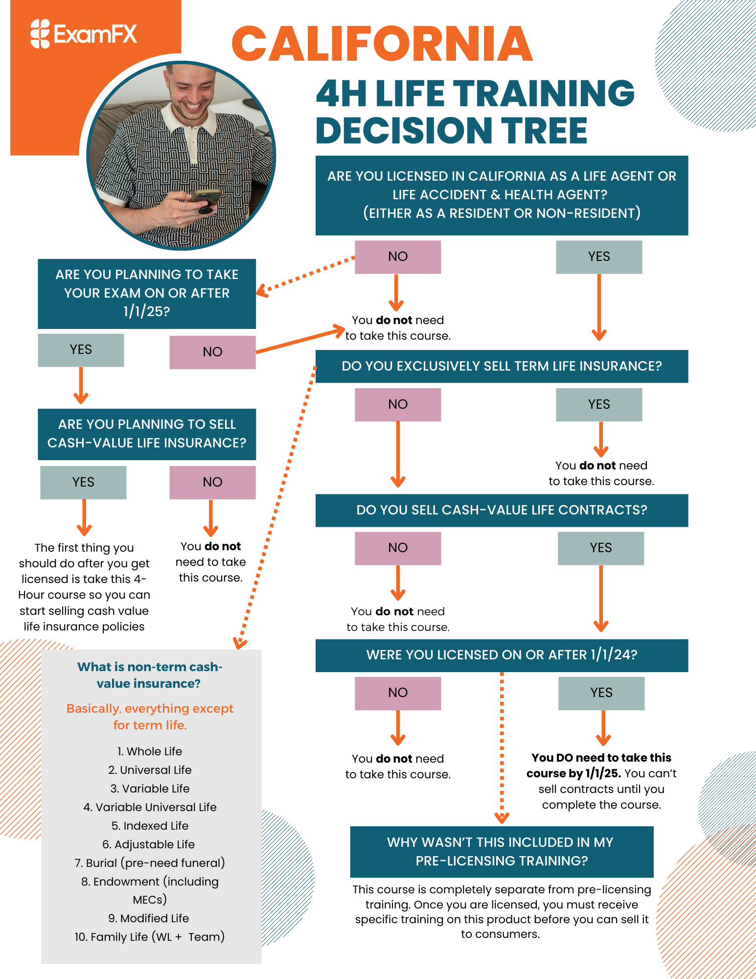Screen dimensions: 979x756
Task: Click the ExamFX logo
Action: [x=84, y=34]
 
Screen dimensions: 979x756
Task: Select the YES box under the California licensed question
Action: [x=599, y=256]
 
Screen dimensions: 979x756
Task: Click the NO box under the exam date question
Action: [x=212, y=352]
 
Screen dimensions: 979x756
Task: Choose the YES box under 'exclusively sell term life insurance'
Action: [x=599, y=404]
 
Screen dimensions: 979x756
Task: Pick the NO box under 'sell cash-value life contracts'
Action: [x=398, y=548]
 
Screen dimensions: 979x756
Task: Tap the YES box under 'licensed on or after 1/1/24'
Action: [x=601, y=693]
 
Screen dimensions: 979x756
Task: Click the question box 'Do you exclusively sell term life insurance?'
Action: [x=502, y=366]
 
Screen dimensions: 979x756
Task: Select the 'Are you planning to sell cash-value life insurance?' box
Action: [x=147, y=434]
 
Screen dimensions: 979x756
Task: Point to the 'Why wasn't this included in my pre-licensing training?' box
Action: [x=502, y=851]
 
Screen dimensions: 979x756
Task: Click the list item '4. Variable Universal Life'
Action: [x=150, y=807]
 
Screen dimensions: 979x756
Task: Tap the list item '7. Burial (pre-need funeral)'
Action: [x=150, y=863]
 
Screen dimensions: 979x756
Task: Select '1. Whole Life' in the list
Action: [x=150, y=751]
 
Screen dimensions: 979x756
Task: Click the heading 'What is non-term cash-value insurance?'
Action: [x=150, y=675]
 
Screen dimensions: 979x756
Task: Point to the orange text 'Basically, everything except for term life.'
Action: [x=150, y=717]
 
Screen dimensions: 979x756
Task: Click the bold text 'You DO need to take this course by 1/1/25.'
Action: [x=601, y=765]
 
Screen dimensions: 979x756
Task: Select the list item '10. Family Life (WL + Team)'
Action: [x=150, y=937]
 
